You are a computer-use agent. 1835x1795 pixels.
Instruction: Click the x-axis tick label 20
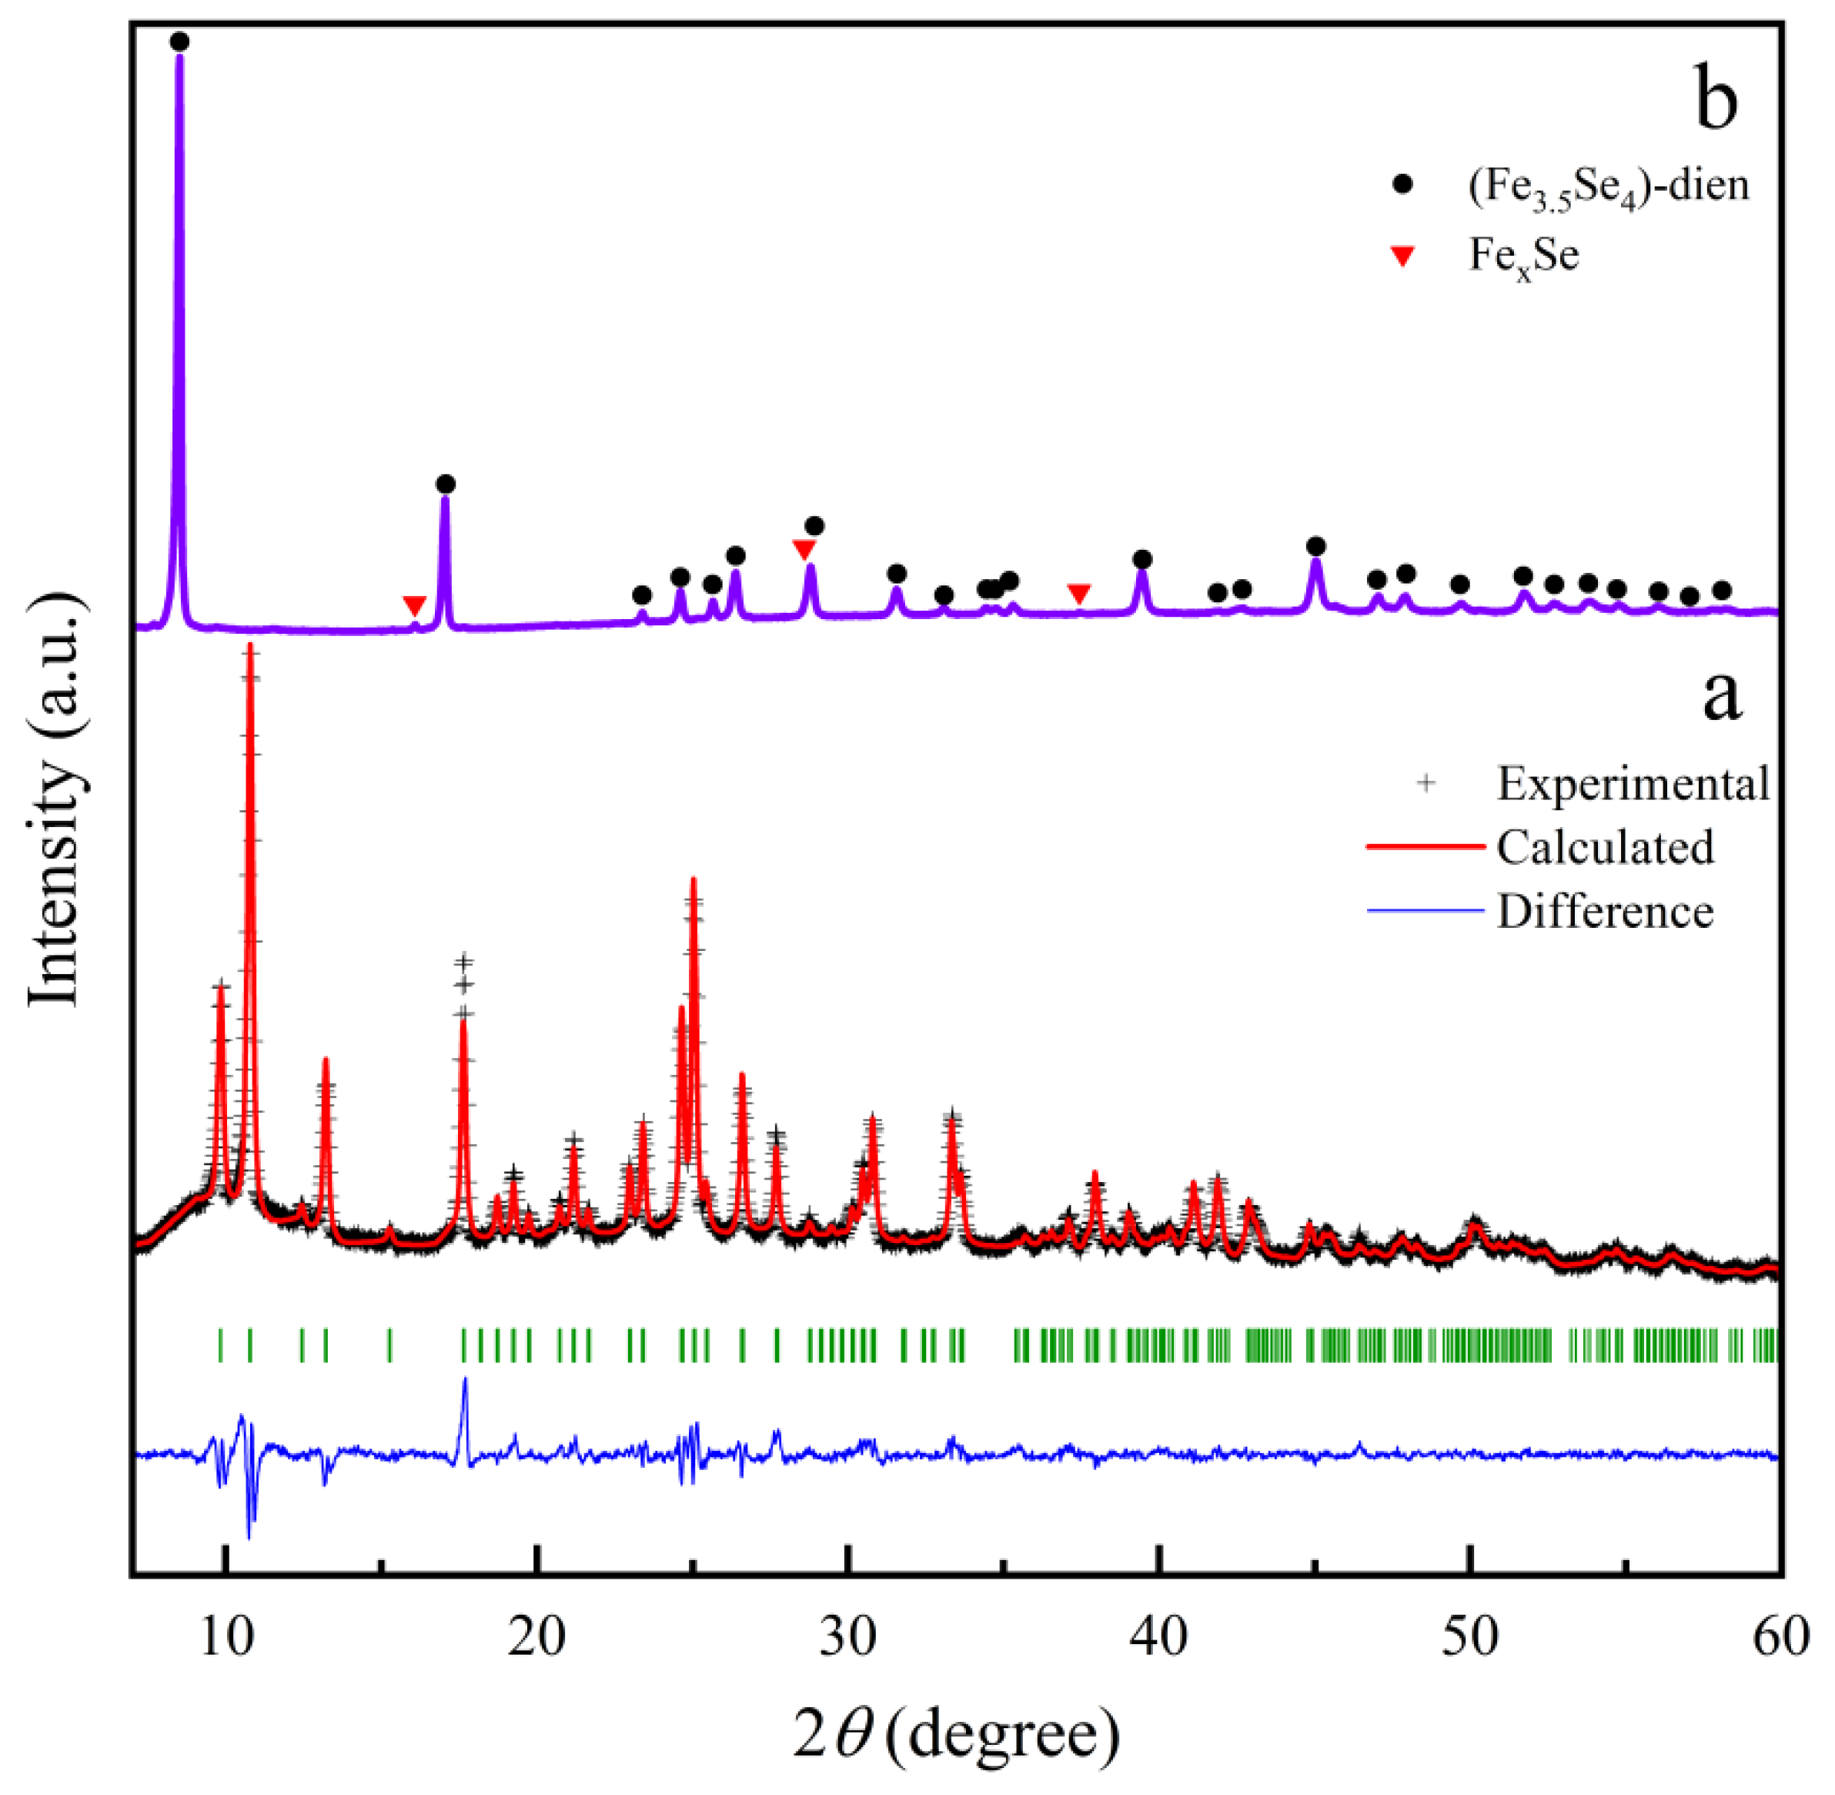(536, 1639)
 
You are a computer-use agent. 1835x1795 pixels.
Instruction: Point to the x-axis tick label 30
(848, 1639)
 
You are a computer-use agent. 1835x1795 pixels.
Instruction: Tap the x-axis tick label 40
(1159, 1639)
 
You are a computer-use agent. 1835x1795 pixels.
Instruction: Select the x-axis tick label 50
(1470, 1639)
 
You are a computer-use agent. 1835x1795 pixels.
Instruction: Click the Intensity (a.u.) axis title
(54, 802)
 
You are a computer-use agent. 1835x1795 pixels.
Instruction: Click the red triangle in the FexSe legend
(1403, 256)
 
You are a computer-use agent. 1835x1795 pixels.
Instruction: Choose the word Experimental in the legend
(1633, 783)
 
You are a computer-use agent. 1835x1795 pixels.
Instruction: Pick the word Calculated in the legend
(1604, 846)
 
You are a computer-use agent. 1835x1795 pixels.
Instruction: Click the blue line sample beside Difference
(1424, 911)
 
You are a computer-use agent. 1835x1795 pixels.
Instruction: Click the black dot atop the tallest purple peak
(180, 42)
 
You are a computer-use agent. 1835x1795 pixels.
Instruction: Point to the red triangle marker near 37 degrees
(1079, 593)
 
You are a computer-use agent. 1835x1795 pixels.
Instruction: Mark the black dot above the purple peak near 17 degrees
(446, 484)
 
